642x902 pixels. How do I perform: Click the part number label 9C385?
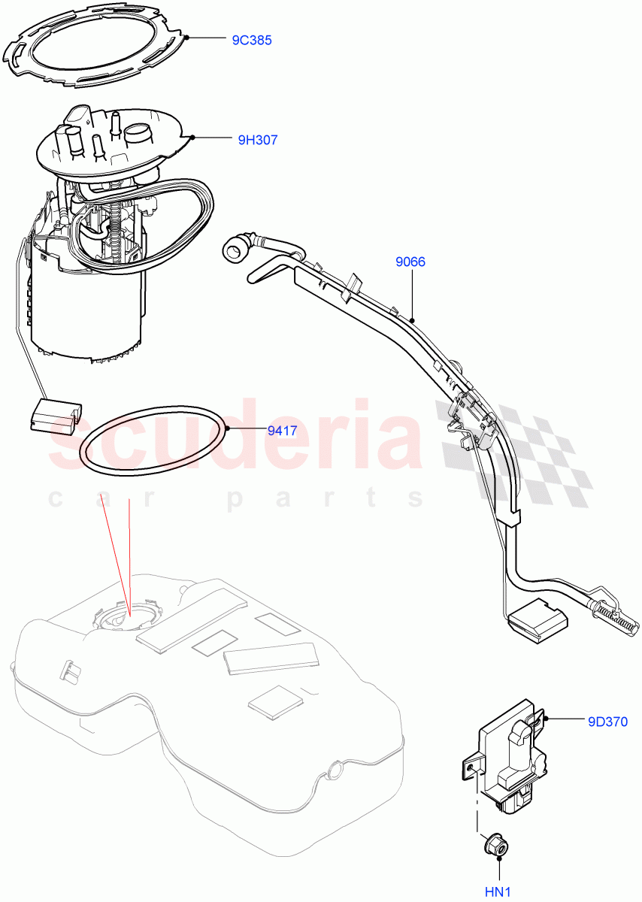251,40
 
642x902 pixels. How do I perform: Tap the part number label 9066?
410,262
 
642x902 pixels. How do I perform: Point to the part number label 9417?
283,431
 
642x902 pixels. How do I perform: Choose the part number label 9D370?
607,722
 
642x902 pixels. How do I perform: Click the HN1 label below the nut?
497,891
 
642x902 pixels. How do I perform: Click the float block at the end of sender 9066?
537,621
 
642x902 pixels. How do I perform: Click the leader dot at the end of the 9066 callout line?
412,319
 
